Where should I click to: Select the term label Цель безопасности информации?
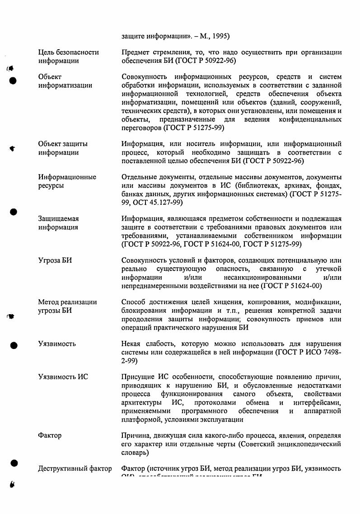(x=68, y=57)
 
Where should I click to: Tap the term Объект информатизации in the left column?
(x=65, y=81)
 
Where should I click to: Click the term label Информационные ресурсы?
(x=67, y=181)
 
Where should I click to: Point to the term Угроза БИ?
(x=55, y=260)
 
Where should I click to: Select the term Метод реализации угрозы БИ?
(x=67, y=306)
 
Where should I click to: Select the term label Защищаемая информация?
(x=58, y=223)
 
